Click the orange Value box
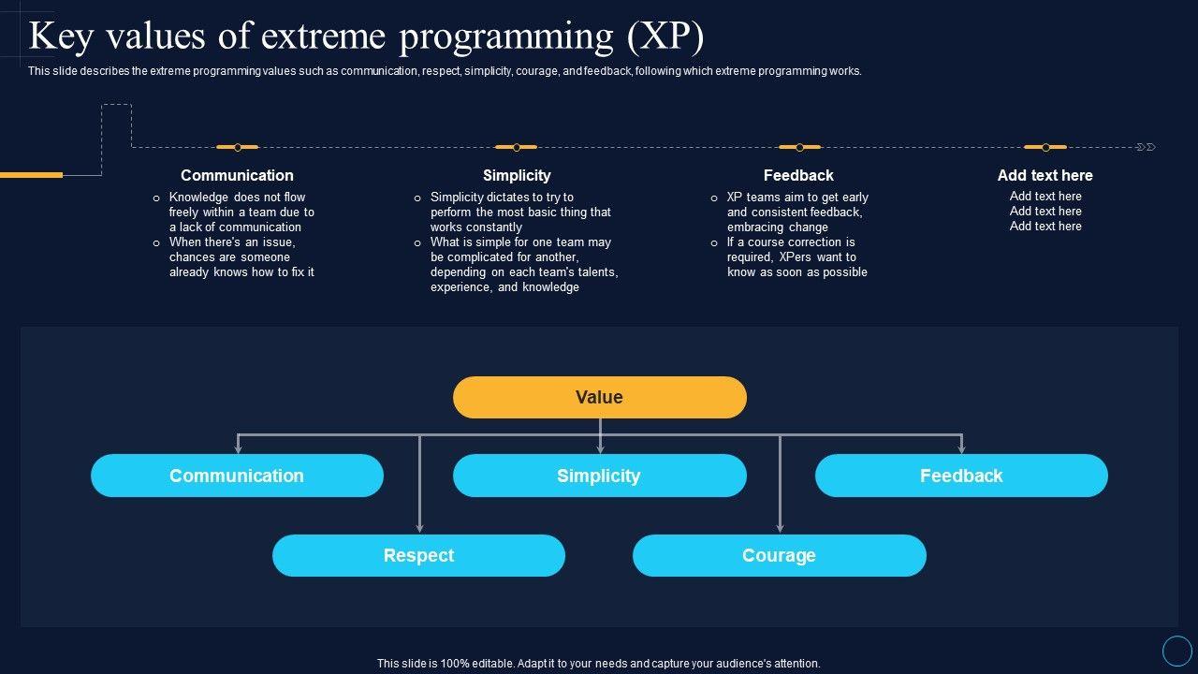point(599,397)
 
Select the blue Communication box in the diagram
point(237,476)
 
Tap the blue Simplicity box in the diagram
point(599,476)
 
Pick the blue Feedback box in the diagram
point(961,476)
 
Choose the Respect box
point(418,555)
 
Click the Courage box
point(779,555)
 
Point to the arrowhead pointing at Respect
point(419,528)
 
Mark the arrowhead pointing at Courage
point(780,528)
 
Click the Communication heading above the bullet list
point(237,175)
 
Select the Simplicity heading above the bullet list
point(517,175)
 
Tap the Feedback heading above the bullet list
point(798,175)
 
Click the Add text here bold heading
point(1045,175)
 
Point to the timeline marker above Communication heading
point(238,147)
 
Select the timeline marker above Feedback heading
point(799,147)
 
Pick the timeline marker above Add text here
point(1045,147)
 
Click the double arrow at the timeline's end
point(1147,147)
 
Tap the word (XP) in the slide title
point(666,37)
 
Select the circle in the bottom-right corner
point(1176,651)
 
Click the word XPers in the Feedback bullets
point(796,257)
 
